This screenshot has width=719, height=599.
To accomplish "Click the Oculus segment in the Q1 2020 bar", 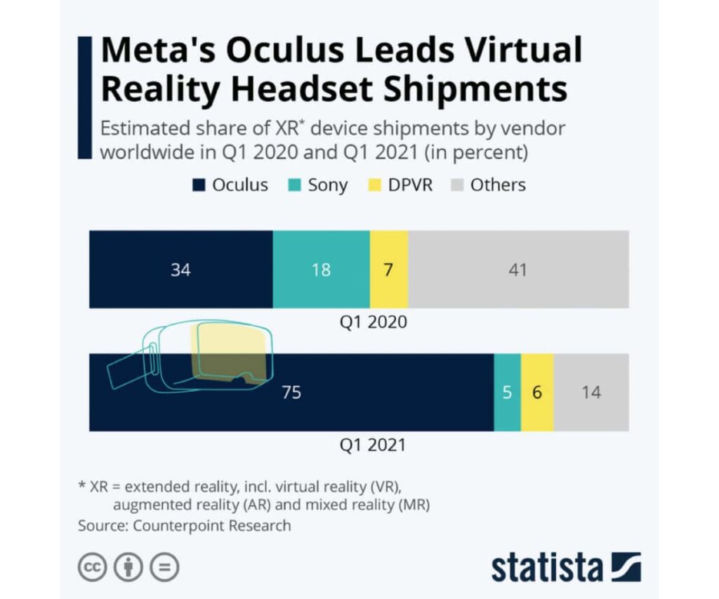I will coord(180,269).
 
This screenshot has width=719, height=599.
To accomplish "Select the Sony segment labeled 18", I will coord(321,269).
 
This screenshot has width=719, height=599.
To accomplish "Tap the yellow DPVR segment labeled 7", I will coord(388,269).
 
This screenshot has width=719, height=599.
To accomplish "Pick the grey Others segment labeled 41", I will coord(518,269).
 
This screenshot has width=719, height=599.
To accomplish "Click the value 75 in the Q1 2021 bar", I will coord(291,393).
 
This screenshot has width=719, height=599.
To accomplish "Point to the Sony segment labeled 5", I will coord(507,393).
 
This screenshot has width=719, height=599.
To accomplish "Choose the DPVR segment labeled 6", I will coord(537,393).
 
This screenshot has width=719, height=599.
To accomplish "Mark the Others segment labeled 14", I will coord(591,393).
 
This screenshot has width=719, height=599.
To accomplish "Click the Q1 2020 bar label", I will coord(373,322).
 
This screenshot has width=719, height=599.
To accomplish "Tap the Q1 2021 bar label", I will coord(373,445).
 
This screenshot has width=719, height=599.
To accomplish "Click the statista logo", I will coord(565,568).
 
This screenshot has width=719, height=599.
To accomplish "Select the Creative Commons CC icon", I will coord(92,567).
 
